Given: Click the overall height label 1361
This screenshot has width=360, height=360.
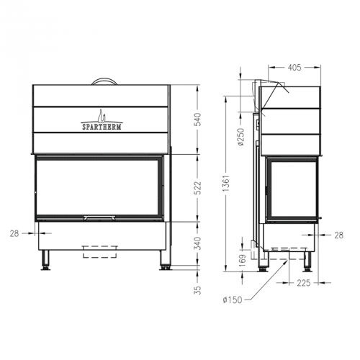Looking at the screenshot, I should pos(228,189).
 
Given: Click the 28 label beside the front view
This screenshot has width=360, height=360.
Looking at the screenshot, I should pos(15,233).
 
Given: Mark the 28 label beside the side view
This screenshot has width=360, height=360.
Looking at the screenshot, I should pos(339,235).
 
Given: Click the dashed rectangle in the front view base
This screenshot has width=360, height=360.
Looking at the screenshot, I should pos(102,251).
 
